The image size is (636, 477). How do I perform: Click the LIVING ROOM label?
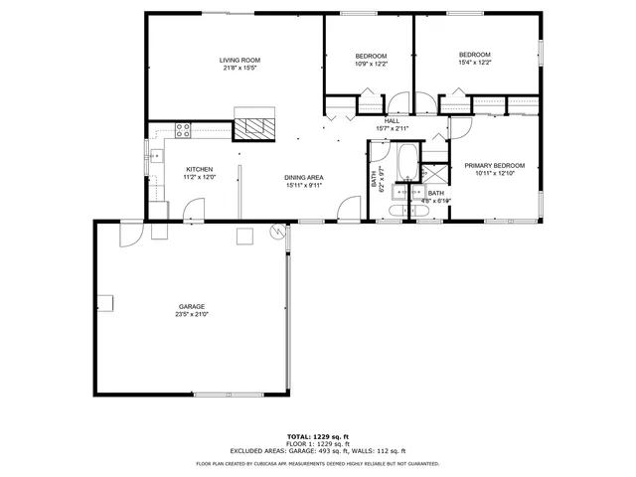click(240, 61)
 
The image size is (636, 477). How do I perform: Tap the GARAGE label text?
click(192, 306)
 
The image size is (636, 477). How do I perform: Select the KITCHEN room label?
click(200, 169)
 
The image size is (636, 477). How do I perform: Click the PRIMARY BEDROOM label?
click(494, 165)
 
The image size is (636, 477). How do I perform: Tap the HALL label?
click(392, 121)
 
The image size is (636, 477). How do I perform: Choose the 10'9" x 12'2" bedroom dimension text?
click(371, 64)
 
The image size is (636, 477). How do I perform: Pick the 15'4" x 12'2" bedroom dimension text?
click(474, 63)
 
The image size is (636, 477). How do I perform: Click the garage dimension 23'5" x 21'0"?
click(192, 314)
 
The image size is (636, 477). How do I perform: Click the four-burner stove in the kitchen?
click(183, 127)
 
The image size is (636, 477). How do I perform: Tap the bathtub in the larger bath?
click(406, 159)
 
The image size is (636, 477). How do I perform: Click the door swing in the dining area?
click(349, 209)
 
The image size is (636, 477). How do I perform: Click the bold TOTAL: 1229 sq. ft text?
click(317, 437)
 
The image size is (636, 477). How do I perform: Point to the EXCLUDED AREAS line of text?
click(317, 450)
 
